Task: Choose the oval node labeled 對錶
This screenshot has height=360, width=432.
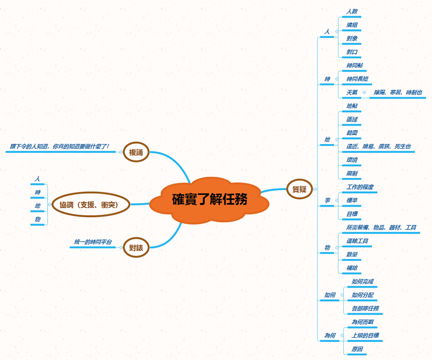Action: (136, 248)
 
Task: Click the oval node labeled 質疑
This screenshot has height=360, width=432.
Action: (299, 188)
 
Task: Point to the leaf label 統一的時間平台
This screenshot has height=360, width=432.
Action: (93, 242)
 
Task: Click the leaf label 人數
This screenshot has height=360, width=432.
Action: (352, 11)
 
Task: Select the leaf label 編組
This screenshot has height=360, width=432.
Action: (352, 25)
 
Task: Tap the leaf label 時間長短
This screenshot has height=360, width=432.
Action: (357, 78)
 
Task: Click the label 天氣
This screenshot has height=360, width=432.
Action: (352, 92)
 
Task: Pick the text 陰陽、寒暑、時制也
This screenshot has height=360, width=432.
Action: (398, 92)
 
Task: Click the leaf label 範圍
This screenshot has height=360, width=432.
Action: (352, 133)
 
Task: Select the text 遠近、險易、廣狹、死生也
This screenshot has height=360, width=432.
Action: (379, 146)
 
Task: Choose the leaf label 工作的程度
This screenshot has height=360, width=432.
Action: (360, 187)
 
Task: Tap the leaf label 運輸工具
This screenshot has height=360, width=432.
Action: (357, 241)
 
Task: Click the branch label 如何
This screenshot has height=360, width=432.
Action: (330, 295)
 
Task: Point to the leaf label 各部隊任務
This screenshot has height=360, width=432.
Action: (365, 308)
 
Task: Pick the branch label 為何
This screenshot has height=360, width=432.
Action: (330, 335)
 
